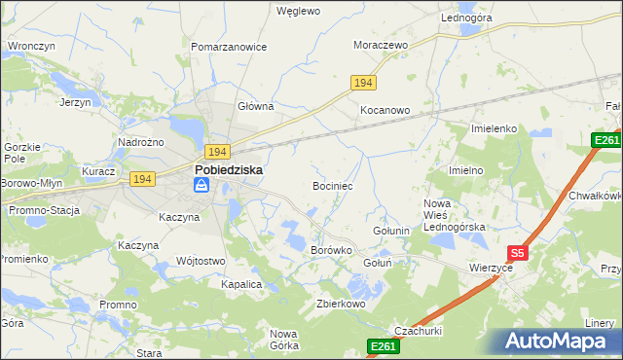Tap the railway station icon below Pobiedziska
201,184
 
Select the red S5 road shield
518,253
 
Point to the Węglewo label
298,12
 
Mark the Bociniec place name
332,185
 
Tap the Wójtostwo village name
201,261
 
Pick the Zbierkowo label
340,304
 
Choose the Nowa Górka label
283,339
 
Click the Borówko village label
330,250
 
